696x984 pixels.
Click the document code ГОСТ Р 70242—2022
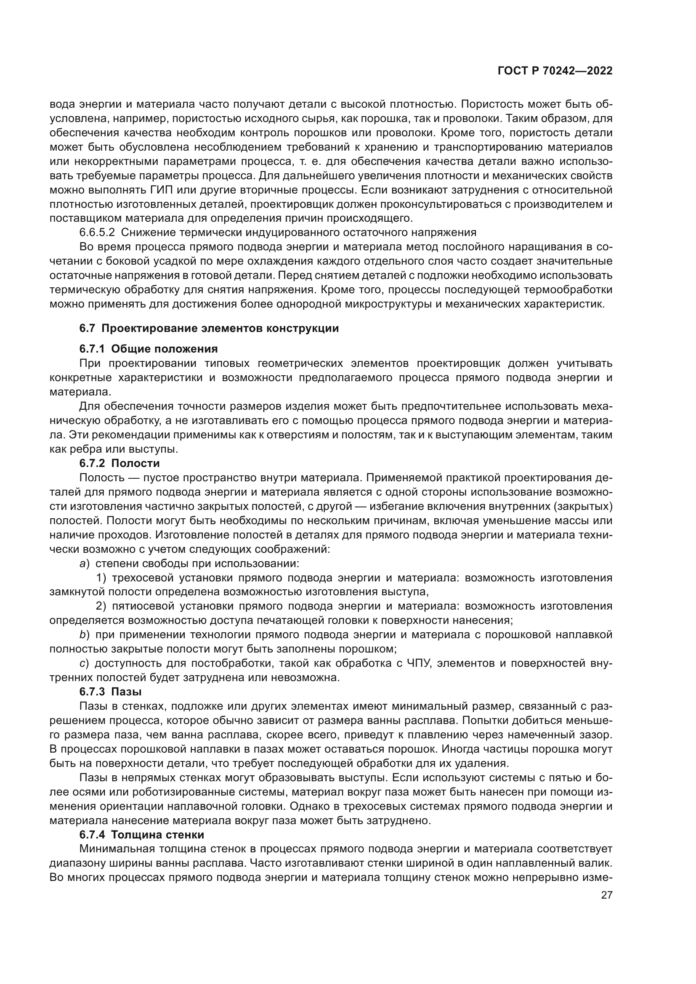click(x=555, y=71)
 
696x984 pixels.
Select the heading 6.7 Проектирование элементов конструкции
click(x=209, y=328)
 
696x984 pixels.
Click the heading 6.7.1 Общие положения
click(x=148, y=348)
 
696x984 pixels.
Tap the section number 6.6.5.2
click(x=97, y=232)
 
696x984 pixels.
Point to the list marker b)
click(x=84, y=634)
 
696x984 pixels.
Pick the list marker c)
click(x=84, y=663)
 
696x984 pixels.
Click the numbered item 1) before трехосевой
click(x=101, y=577)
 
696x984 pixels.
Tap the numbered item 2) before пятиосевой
click(x=101, y=606)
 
